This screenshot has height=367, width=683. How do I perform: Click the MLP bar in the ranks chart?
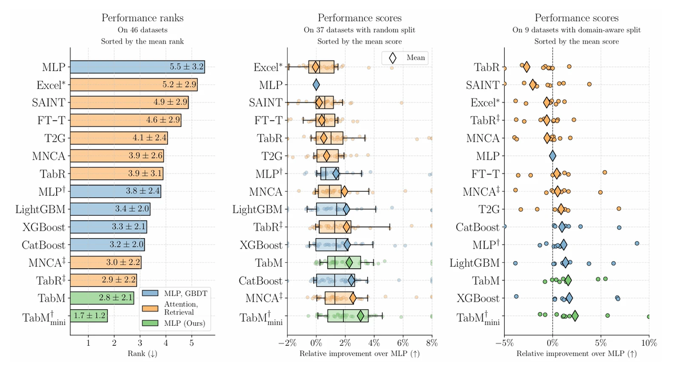(x=138, y=67)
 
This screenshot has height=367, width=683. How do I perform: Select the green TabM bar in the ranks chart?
(x=102, y=298)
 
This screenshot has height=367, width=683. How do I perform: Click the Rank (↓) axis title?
(x=142, y=354)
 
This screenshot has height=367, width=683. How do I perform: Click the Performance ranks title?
(x=142, y=18)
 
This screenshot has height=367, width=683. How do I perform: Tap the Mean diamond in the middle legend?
(x=393, y=57)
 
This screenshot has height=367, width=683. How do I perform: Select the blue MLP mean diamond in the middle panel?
(x=316, y=85)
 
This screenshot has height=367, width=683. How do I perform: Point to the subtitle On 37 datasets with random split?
(x=359, y=30)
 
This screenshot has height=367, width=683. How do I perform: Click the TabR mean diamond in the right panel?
(x=525, y=67)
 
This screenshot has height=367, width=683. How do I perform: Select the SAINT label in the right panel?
(x=482, y=85)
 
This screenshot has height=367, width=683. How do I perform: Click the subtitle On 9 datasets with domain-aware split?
(x=576, y=30)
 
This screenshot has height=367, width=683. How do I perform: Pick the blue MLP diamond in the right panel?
(x=552, y=156)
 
